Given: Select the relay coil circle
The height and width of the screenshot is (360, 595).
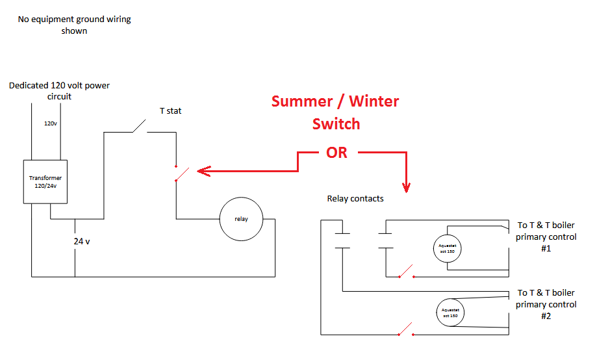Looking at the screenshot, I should click(x=242, y=219).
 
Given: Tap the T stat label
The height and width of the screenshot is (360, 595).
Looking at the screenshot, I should click(x=171, y=111).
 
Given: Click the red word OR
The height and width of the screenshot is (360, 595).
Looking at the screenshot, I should click(x=336, y=153).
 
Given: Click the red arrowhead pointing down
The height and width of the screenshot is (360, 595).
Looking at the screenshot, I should click(x=407, y=187).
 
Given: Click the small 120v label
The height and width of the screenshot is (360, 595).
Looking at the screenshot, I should click(x=50, y=123).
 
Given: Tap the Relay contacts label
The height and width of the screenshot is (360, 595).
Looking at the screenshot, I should click(x=355, y=198).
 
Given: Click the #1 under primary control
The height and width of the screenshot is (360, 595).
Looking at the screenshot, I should click(x=546, y=248).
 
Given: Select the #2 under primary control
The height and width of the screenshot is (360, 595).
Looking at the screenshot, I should click(x=546, y=316).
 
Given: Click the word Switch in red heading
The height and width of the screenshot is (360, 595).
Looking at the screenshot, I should click(x=336, y=123).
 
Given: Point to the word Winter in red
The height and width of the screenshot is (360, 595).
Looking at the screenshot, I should click(x=374, y=101).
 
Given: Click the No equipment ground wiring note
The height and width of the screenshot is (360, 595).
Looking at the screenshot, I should click(x=74, y=25).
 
